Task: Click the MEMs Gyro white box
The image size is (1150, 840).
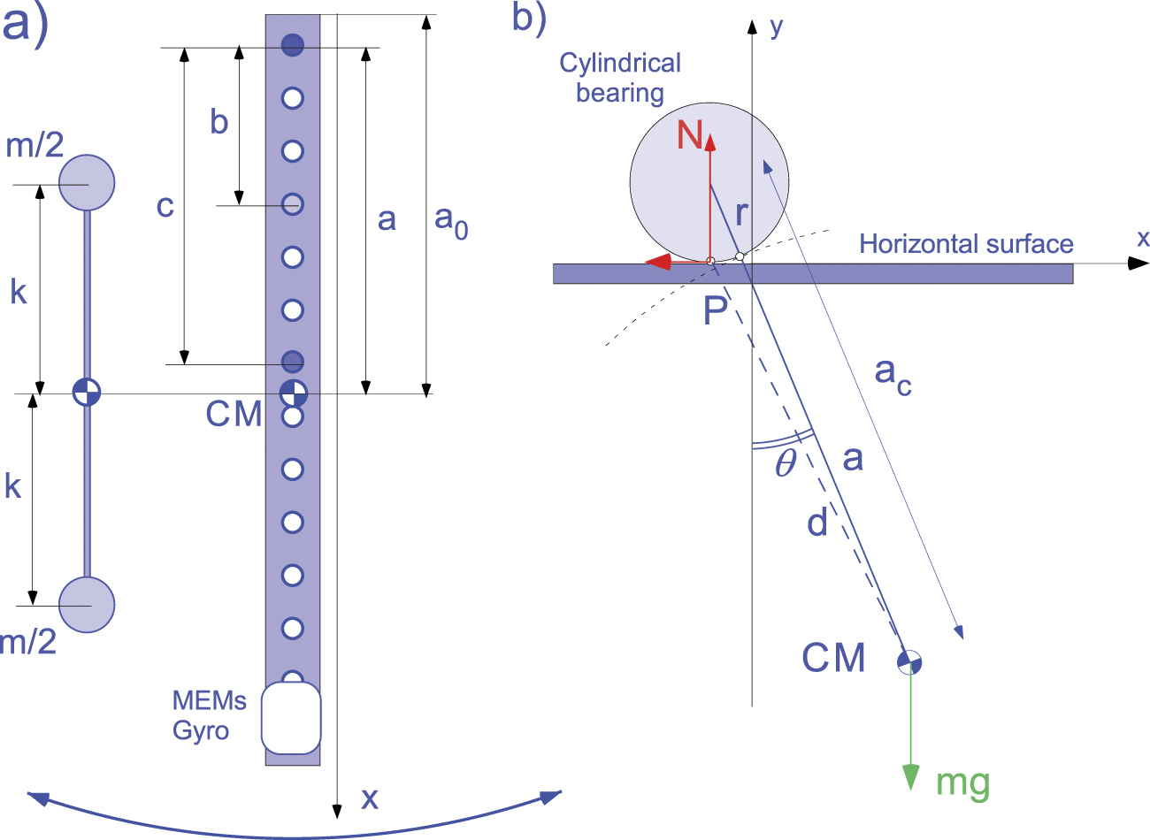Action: [x=291, y=717]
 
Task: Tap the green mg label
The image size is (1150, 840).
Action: [x=962, y=783]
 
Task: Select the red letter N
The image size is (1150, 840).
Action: [x=690, y=135]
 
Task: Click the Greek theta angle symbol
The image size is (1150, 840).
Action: [x=785, y=463]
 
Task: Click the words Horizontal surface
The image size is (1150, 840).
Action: [x=966, y=244]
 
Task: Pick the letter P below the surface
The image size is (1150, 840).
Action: [x=716, y=310]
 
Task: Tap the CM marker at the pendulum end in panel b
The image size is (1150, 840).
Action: [x=909, y=661]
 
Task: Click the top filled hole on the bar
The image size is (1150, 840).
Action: [x=293, y=45]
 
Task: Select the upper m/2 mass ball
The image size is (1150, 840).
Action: [x=87, y=182]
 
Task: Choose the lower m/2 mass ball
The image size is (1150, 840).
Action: [x=87, y=605]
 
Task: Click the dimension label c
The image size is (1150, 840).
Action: [x=165, y=206]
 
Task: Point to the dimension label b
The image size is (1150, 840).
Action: [x=219, y=122]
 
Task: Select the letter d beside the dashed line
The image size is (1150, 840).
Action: [x=817, y=523]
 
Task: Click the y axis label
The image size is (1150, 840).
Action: [x=776, y=27]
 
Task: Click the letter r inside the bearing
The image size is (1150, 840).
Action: [x=741, y=212]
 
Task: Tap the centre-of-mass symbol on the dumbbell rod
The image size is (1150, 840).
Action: [x=87, y=391]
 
